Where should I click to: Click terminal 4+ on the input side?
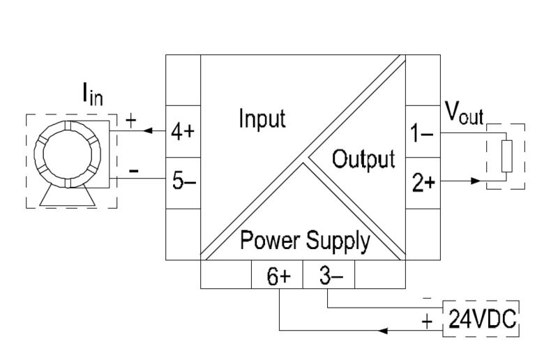click(x=182, y=133)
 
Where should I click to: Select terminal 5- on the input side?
click(x=182, y=181)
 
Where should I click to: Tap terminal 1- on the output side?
click(x=423, y=133)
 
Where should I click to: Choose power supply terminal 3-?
click(x=328, y=276)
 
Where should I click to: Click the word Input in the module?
click(x=262, y=119)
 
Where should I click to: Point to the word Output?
click(x=363, y=159)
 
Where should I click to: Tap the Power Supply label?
click(x=305, y=241)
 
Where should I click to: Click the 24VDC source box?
click(x=482, y=319)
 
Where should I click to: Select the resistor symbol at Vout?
click(x=507, y=155)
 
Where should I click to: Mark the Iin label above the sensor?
click(x=93, y=94)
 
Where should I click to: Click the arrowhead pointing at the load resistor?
click(x=476, y=181)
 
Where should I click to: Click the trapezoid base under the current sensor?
click(x=68, y=197)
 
